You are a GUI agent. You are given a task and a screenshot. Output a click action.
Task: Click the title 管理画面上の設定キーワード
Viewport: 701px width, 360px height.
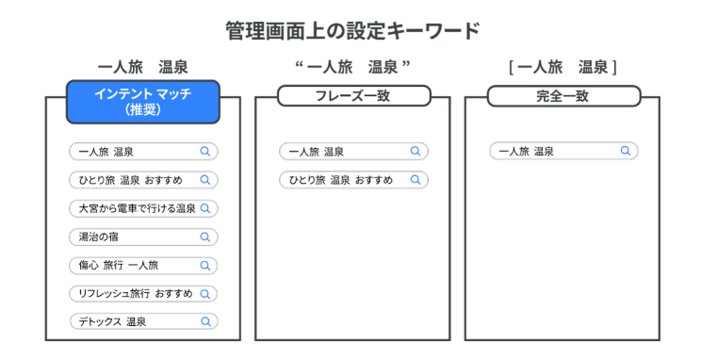click(x=352, y=31)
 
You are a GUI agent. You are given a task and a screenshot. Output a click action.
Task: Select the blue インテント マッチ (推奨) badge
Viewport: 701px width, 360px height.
click(x=143, y=102)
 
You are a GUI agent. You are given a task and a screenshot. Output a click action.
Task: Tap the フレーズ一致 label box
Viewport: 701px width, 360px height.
click(x=353, y=96)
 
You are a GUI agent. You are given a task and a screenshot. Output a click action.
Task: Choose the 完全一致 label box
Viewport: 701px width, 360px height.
click(x=563, y=96)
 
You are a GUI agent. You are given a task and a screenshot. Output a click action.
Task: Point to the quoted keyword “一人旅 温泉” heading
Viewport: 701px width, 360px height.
click(x=352, y=67)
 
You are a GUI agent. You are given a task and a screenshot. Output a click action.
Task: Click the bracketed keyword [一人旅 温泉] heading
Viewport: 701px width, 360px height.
click(x=562, y=67)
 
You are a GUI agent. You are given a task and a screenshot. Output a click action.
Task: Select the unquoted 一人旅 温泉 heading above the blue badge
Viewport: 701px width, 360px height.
click(x=143, y=67)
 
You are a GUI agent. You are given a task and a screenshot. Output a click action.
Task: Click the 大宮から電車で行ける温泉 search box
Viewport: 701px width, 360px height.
click(x=143, y=208)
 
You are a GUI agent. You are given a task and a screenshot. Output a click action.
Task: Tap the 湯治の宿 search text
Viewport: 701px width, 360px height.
click(x=99, y=237)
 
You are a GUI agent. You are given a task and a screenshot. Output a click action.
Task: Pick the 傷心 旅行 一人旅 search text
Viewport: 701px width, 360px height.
click(x=119, y=265)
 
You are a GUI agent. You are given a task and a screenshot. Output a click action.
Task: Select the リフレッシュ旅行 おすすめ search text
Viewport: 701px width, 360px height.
click(x=136, y=294)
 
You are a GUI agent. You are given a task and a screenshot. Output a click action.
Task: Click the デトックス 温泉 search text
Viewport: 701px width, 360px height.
click(x=112, y=321)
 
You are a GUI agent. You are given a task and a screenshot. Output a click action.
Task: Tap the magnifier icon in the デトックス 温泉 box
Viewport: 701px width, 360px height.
click(x=205, y=321)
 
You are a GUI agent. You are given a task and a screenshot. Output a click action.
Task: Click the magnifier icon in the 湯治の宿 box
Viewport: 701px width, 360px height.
click(x=205, y=237)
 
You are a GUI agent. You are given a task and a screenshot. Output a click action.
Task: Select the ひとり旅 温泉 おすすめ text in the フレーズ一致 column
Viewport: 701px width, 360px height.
click(x=341, y=180)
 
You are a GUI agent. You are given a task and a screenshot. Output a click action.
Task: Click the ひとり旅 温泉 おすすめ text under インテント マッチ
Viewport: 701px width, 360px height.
click(x=131, y=180)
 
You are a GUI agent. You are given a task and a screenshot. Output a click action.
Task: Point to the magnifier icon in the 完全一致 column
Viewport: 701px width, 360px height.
click(x=626, y=151)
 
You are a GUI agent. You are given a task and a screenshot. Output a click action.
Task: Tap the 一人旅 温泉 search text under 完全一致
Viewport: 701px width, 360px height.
click(x=526, y=152)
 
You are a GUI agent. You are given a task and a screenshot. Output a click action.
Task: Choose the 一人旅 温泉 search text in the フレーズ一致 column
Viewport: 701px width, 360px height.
click(x=316, y=152)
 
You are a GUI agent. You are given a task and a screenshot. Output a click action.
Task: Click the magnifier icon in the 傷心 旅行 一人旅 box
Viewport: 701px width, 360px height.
click(x=205, y=266)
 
